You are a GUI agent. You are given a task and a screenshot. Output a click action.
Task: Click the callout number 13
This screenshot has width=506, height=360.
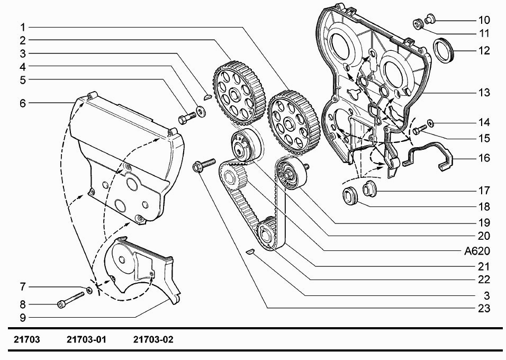484,93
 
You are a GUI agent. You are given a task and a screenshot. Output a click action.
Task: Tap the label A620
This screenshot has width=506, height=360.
477,251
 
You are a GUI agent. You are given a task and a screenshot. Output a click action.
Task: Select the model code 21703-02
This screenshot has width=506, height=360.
153,340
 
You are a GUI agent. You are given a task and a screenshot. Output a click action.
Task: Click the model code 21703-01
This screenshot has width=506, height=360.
86,340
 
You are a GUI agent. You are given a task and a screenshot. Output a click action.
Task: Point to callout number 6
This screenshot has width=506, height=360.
23,103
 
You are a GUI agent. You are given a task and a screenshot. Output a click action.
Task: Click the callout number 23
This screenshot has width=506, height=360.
484,308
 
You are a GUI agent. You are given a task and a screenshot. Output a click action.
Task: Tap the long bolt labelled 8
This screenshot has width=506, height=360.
71,300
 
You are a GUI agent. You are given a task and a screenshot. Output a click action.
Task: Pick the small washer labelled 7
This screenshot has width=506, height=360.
89,290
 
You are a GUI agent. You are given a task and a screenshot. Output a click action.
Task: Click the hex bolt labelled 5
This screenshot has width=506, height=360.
187,118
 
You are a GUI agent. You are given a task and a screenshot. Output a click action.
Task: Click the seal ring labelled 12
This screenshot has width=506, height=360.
444,50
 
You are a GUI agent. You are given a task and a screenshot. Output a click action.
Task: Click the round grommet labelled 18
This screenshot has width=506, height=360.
350,195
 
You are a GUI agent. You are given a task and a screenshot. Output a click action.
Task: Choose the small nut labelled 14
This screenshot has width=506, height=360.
430,123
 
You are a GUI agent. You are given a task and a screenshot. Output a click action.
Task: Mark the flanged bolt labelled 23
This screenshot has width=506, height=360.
204,165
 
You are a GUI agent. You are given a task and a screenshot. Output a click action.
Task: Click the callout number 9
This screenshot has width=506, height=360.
23,318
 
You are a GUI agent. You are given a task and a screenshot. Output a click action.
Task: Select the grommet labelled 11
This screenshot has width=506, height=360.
419,24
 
